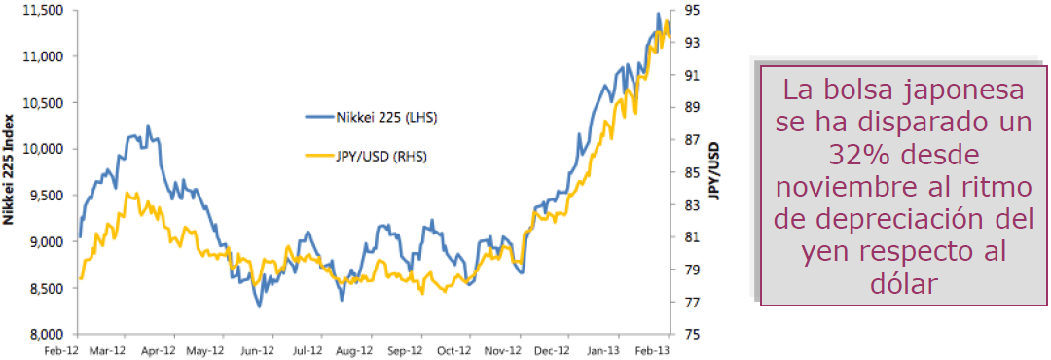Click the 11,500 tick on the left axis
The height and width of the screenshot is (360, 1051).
pyautogui.click(x=42, y=10)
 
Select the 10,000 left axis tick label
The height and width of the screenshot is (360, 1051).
pyautogui.click(x=42, y=149)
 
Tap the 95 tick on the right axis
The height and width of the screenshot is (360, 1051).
pyautogui.click(x=692, y=10)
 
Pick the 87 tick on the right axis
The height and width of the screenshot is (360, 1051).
pyautogui.click(x=692, y=139)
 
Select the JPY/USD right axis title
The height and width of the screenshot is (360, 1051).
pyautogui.click(x=715, y=169)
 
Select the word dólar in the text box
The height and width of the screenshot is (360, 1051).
pyautogui.click(x=902, y=283)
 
